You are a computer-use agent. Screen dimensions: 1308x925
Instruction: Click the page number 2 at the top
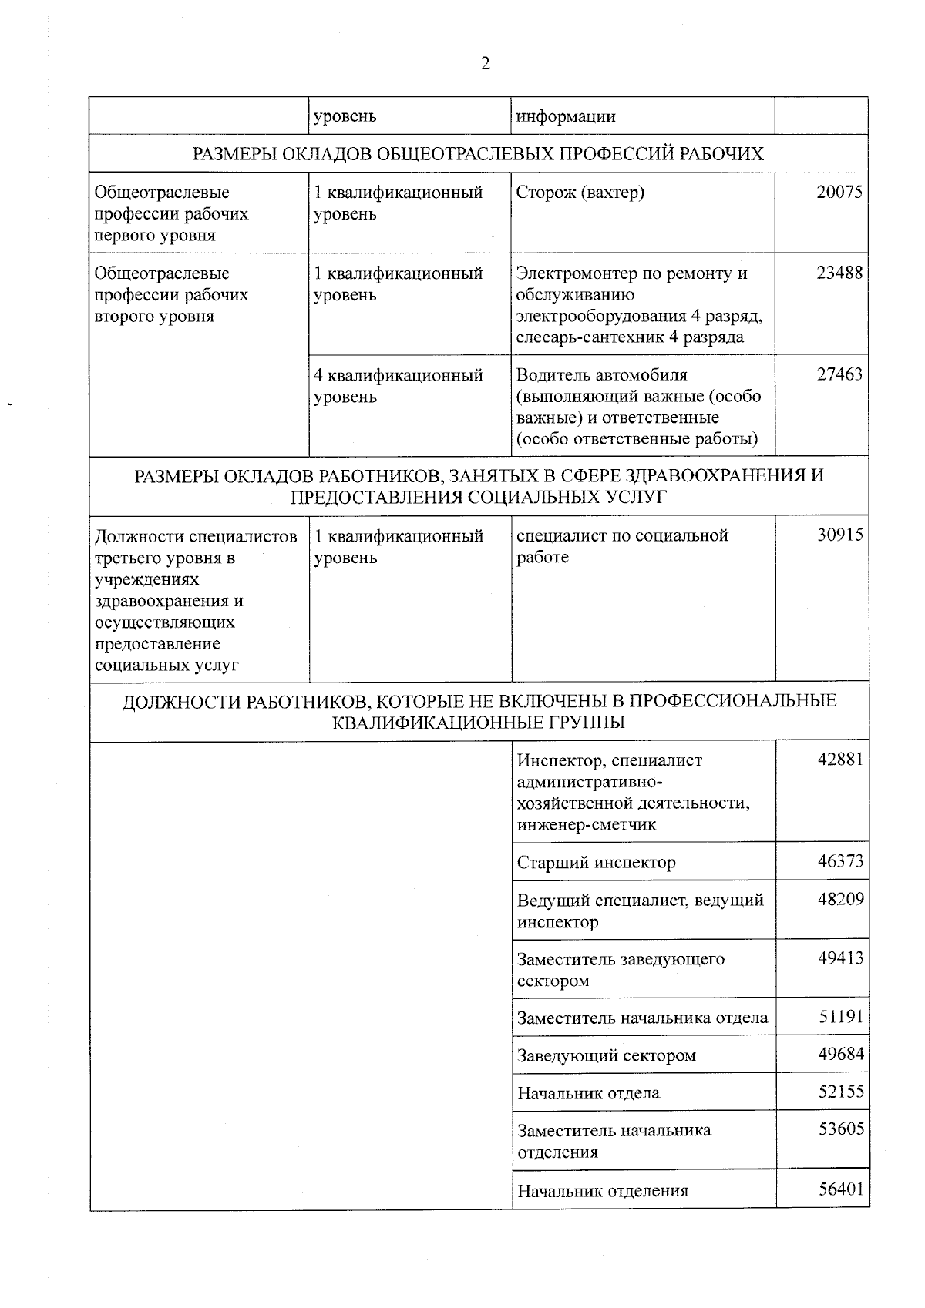coord(485,64)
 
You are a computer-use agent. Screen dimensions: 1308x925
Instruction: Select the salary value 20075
coord(839,193)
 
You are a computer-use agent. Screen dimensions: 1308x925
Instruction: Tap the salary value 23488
coord(839,273)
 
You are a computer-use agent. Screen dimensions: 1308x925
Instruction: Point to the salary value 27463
coord(839,375)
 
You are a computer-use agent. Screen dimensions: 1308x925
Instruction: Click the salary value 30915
coord(840,535)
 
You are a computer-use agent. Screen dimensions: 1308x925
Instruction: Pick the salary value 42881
coord(840,760)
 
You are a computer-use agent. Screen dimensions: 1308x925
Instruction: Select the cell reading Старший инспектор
coord(596,863)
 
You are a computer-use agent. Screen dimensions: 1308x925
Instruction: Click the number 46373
coord(840,862)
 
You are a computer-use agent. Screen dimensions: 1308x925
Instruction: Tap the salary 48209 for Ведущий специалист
coord(840,899)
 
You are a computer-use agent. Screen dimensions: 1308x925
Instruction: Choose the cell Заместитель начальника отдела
coord(642,1018)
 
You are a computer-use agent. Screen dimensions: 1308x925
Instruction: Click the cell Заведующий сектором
coord(606,1056)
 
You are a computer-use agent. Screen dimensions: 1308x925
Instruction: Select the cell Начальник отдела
coord(588,1094)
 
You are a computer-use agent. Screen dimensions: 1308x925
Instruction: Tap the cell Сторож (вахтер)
coord(580,193)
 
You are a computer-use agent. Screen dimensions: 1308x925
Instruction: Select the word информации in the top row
coord(566,117)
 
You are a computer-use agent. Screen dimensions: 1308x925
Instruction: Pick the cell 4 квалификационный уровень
coord(398,386)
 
